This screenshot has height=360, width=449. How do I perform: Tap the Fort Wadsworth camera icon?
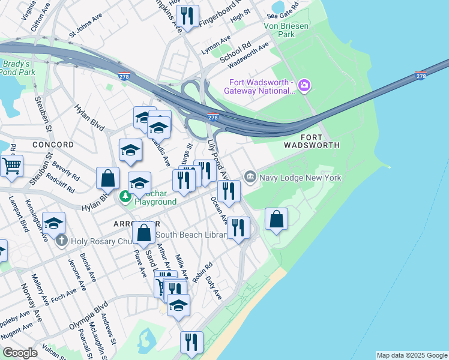pos(304,85)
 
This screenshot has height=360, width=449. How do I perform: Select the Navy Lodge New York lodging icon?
pos(250,177)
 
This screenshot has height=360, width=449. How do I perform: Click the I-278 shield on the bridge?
pos(421,76)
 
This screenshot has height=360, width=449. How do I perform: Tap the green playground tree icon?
pos(125,196)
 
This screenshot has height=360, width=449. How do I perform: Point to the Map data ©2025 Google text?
pos(411,355)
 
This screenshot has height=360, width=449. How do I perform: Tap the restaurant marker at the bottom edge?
pos(191,343)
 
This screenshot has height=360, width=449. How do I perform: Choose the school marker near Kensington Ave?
pos(54,223)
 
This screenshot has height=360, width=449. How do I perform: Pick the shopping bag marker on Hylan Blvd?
pos(107,178)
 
